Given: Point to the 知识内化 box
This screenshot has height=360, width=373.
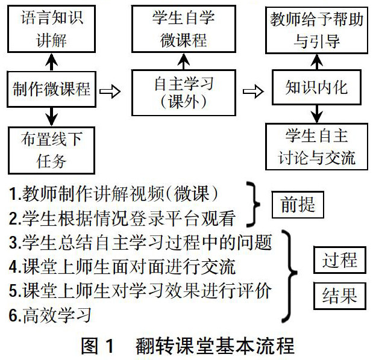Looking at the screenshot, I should (x=316, y=88).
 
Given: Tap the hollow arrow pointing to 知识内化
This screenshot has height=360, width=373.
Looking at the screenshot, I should (x=253, y=91).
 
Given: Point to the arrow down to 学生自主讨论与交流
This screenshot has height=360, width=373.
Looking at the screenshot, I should (x=316, y=113).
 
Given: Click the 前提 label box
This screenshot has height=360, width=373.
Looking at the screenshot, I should (x=298, y=205).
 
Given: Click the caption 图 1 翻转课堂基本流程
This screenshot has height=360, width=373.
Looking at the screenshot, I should (x=187, y=346).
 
